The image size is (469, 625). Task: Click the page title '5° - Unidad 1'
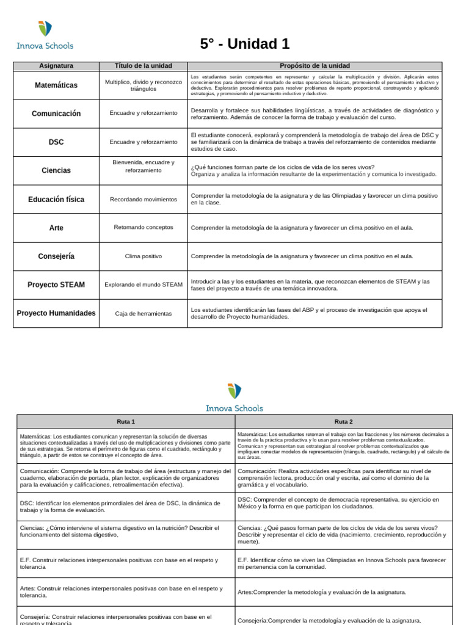click(x=244, y=45)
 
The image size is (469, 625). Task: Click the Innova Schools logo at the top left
click(x=45, y=35)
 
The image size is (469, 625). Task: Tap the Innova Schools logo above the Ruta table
click(x=234, y=398)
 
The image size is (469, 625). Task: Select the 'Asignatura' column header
click(x=56, y=66)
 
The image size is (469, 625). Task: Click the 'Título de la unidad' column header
click(x=144, y=66)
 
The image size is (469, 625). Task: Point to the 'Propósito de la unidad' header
click(x=314, y=66)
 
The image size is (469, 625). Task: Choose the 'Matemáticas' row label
click(x=56, y=85)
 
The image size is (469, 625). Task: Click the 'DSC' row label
click(x=56, y=142)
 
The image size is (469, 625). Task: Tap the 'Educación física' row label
click(x=56, y=200)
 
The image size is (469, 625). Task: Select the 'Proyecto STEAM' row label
click(x=56, y=285)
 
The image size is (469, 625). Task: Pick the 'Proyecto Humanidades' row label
click(x=56, y=313)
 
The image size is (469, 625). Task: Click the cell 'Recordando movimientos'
click(x=144, y=200)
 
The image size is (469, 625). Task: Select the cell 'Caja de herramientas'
click(x=144, y=314)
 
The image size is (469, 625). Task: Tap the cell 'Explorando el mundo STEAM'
click(x=144, y=285)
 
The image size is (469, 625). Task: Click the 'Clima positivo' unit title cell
click(x=144, y=256)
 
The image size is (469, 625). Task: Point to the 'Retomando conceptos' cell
click(x=144, y=228)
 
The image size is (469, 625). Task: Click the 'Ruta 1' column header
click(x=126, y=422)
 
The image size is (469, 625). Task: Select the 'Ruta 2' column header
click(x=343, y=422)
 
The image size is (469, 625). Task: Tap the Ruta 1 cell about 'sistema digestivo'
click(x=126, y=531)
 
